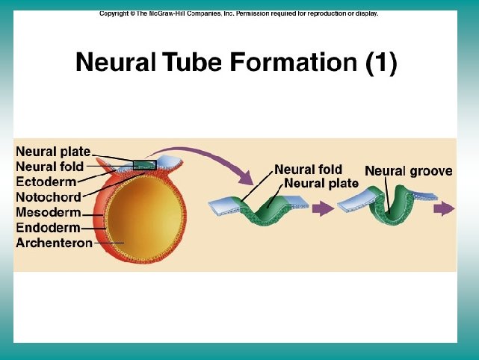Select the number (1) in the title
[x=381, y=63]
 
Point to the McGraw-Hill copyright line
[x=239, y=13]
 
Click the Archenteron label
[x=54, y=243]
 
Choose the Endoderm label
[x=48, y=228]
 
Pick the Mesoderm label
[x=48, y=213]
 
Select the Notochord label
[x=48, y=197]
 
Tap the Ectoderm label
[x=46, y=182]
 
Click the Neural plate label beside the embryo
[x=53, y=152]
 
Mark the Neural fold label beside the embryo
[x=49, y=167]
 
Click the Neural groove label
[x=408, y=172]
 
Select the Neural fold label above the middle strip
[x=308, y=170]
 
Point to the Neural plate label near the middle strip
[x=321, y=183]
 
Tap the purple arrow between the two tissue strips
[x=322, y=210]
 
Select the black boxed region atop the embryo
[x=144, y=164]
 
